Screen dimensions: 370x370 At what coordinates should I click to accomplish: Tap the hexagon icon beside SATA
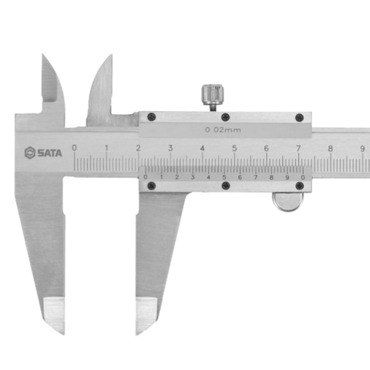pyautogui.click(x=30, y=153)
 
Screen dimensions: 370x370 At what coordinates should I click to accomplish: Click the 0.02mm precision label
pyautogui.click(x=223, y=129)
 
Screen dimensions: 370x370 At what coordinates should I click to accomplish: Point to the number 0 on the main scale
pyautogui.click(x=74, y=147)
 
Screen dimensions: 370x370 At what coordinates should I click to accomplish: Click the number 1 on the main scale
pyautogui.click(x=106, y=147)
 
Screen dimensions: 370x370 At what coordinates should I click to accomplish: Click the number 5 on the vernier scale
pyautogui.click(x=224, y=177)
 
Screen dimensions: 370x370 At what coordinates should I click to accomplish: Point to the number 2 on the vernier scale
pyautogui.click(x=177, y=177)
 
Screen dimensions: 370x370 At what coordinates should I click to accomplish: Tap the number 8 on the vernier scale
pyautogui.click(x=271, y=177)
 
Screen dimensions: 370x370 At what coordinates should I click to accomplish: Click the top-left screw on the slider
pyautogui.click(x=151, y=117)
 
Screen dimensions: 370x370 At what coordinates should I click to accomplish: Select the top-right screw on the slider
pyautogui.click(x=300, y=117)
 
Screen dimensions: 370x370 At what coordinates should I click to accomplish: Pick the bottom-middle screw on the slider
pyautogui.click(x=225, y=186)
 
